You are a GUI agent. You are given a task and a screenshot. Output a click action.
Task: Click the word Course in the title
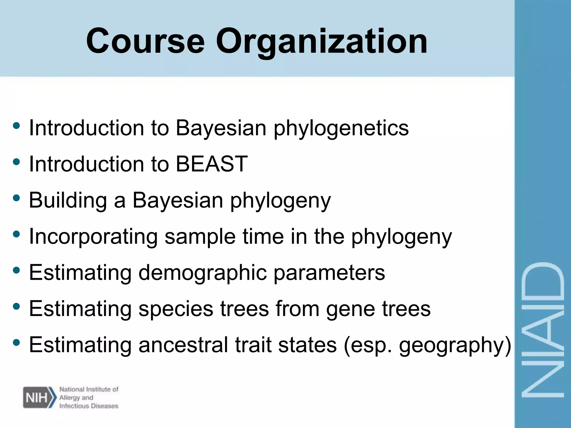[x=146, y=41]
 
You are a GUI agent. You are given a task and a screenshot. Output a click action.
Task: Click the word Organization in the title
[x=321, y=42]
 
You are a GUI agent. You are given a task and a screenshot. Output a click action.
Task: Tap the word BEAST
[x=212, y=164]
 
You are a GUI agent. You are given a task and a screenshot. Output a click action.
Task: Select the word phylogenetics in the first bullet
[x=341, y=129]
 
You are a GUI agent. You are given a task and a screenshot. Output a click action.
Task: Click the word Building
[x=68, y=200]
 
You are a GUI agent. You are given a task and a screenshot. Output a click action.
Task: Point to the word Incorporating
[x=93, y=237]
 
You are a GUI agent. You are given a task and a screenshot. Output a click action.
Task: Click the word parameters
[x=329, y=273]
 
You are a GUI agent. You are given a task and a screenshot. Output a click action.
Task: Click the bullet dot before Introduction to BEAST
[x=16, y=162]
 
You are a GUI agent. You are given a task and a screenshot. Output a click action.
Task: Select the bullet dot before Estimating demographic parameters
[x=16, y=270]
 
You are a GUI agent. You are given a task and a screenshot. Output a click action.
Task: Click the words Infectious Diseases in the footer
[x=89, y=406]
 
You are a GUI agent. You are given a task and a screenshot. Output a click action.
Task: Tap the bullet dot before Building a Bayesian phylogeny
[x=16, y=198]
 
